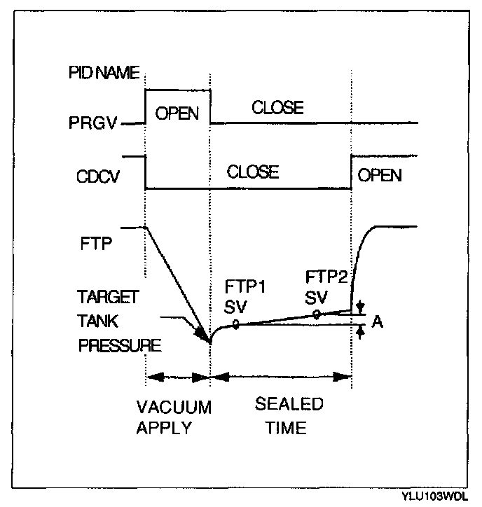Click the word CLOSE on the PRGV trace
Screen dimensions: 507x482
coord(277,108)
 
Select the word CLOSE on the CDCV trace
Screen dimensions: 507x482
coord(253,172)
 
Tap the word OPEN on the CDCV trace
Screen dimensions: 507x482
coord(380,174)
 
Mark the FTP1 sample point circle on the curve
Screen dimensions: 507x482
coord(236,324)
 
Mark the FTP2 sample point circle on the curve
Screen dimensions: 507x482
coord(317,314)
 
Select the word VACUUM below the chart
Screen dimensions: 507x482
coord(173,408)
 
